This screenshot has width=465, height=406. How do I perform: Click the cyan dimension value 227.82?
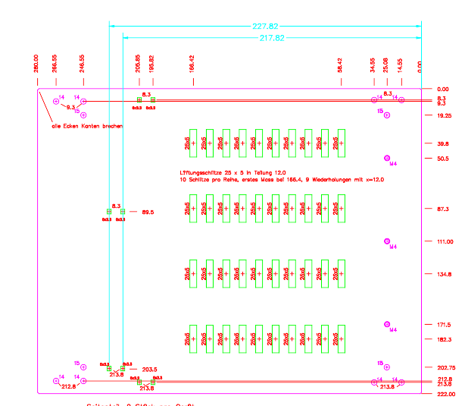(264, 27)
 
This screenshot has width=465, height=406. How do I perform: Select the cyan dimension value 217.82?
(272, 37)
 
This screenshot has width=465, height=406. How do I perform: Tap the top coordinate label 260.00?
(36, 62)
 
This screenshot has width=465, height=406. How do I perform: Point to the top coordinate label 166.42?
(192, 62)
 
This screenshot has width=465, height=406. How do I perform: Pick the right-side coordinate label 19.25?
(445, 115)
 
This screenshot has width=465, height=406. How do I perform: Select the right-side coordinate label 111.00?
(445, 241)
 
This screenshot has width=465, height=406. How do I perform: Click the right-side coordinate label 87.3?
(443, 209)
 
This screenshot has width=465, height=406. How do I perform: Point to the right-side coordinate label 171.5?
(443, 325)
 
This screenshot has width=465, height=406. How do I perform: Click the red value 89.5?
(148, 212)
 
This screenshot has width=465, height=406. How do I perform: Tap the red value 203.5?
(149, 370)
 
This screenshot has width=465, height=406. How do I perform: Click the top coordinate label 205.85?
(138, 62)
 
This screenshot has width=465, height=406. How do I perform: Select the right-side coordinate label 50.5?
(442, 159)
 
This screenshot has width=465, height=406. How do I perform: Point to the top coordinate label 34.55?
(373, 65)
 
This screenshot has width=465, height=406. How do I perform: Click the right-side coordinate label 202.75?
(445, 368)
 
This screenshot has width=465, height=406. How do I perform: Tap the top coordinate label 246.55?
(83, 62)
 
